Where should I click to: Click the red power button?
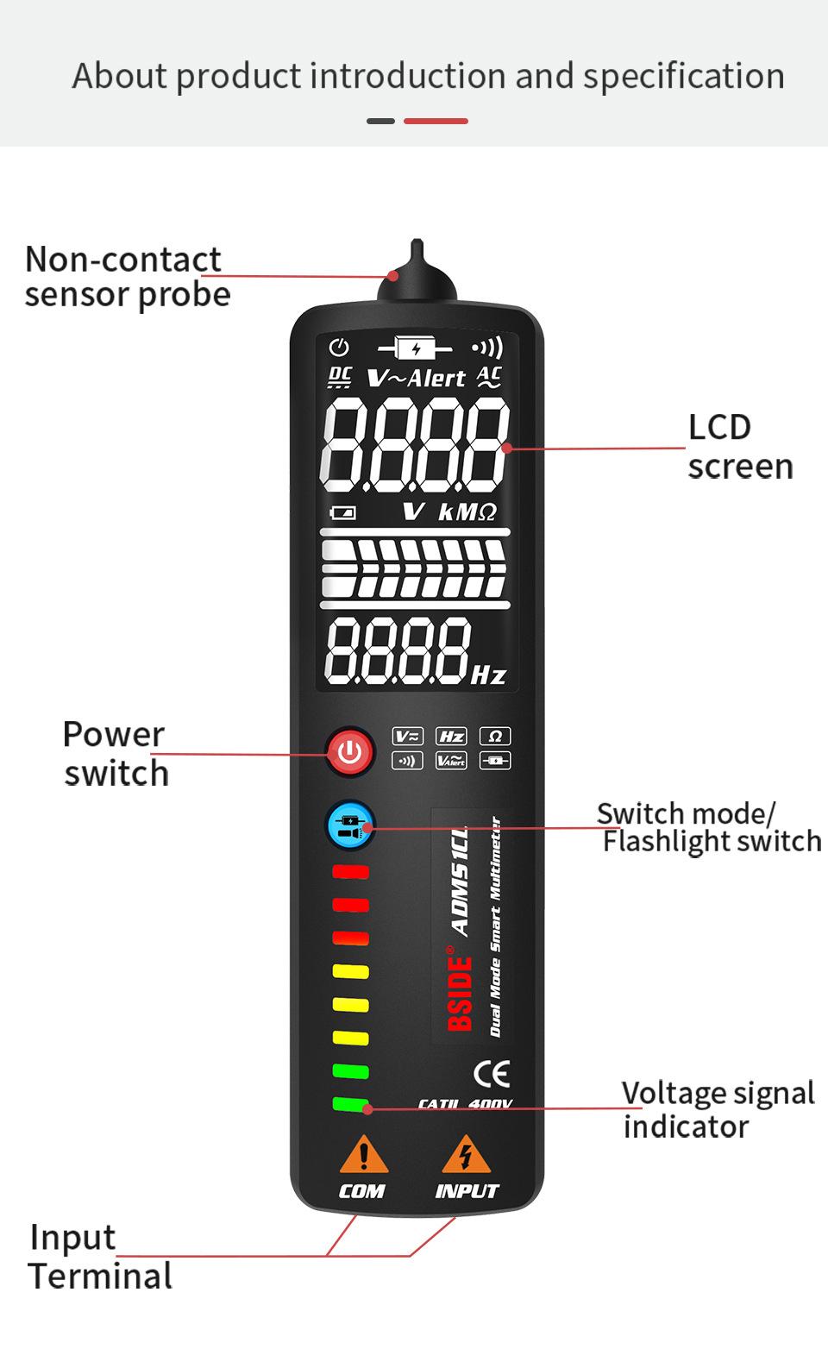click(349, 751)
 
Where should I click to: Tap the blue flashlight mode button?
click(349, 825)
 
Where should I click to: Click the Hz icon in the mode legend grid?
click(451, 736)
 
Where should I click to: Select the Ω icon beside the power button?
click(495, 736)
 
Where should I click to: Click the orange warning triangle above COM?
click(364, 1156)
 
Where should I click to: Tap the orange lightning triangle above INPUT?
click(466, 1156)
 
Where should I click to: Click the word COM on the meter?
click(361, 1191)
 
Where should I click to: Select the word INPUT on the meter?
click(467, 1191)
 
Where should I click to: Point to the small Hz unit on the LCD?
click(488, 674)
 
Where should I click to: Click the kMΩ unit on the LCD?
click(467, 512)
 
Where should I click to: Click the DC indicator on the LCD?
click(341, 377)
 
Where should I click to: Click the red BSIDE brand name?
click(461, 992)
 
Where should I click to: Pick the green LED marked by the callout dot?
click(350, 1104)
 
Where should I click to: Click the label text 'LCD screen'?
click(739, 446)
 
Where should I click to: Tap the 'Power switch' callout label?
click(115, 754)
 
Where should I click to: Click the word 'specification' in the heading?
click(684, 76)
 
